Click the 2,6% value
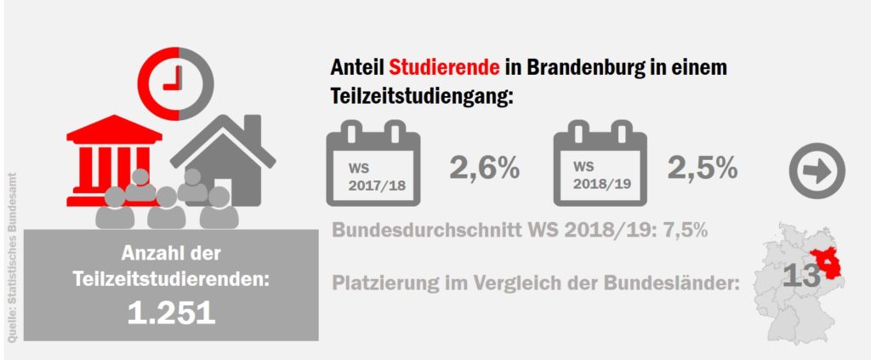(x=484, y=169)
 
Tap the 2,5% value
(x=702, y=169)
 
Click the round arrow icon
(x=817, y=171)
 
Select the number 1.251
(x=171, y=312)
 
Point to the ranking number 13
(x=800, y=275)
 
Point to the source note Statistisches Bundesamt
(x=13, y=255)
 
